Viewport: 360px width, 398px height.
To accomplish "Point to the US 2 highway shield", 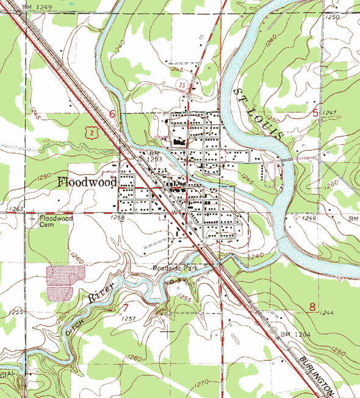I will coord(91,131).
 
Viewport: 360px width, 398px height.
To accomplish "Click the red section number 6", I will coord(112,114).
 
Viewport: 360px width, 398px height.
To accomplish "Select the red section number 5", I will coord(315,112).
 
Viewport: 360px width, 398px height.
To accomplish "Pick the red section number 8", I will coord(312,307).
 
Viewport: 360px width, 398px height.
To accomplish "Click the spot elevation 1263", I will coord(15,208).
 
